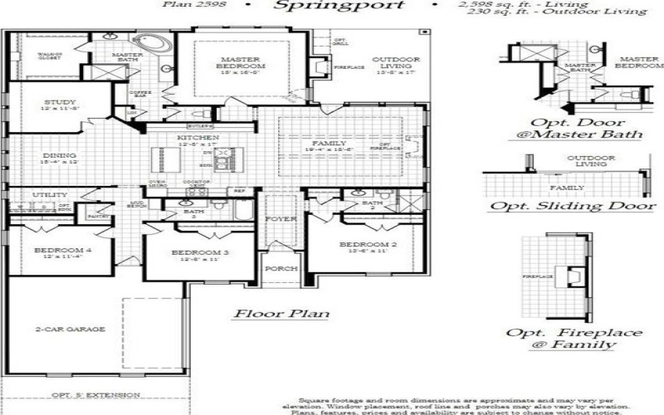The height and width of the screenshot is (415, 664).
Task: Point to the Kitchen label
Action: (198, 137)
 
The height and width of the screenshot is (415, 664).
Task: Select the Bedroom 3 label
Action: (199, 252)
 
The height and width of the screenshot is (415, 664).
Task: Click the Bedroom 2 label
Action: (365, 245)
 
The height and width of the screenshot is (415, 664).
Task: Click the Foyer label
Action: (275, 219)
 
